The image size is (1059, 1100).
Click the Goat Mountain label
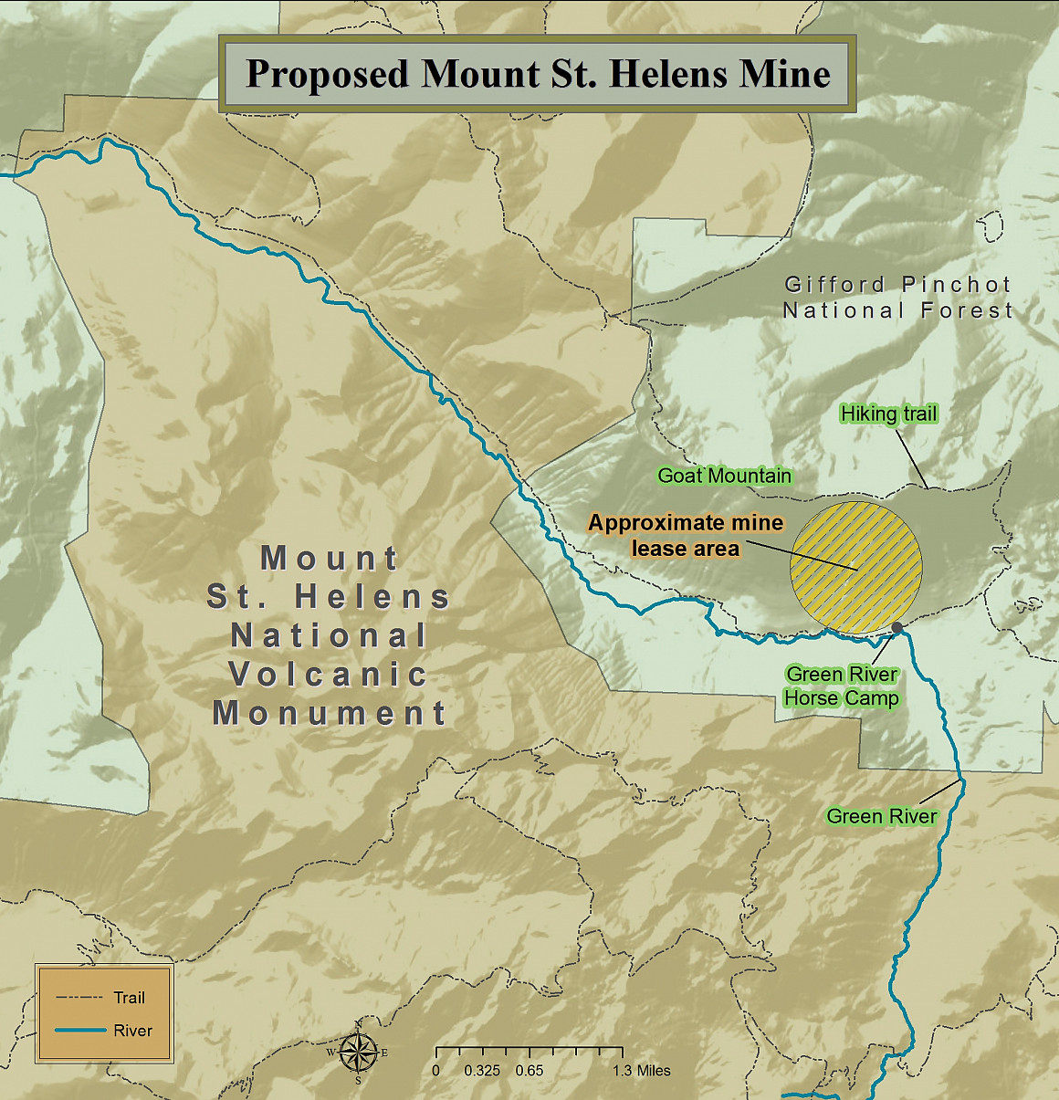point(724,476)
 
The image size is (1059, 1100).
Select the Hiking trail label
point(888,414)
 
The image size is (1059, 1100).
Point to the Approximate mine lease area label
point(686,535)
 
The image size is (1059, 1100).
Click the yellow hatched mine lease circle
point(855,567)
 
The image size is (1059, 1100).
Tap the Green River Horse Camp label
point(842,686)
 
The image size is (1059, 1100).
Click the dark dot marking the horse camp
point(896,627)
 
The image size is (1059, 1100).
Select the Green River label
point(881,816)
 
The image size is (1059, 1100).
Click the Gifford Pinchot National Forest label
point(898,298)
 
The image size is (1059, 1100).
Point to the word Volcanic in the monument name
point(329,675)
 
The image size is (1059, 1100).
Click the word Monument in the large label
point(330,713)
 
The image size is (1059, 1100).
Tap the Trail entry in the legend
point(129,998)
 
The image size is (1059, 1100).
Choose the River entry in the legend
point(132,1031)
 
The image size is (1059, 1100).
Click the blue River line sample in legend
point(79,1031)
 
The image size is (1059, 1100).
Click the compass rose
point(358,1053)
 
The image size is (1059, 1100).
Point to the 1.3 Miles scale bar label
point(641,1071)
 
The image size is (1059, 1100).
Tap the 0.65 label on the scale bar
point(529,1071)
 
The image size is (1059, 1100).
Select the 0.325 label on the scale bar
point(481,1071)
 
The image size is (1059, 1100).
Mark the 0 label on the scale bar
point(436,1071)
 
